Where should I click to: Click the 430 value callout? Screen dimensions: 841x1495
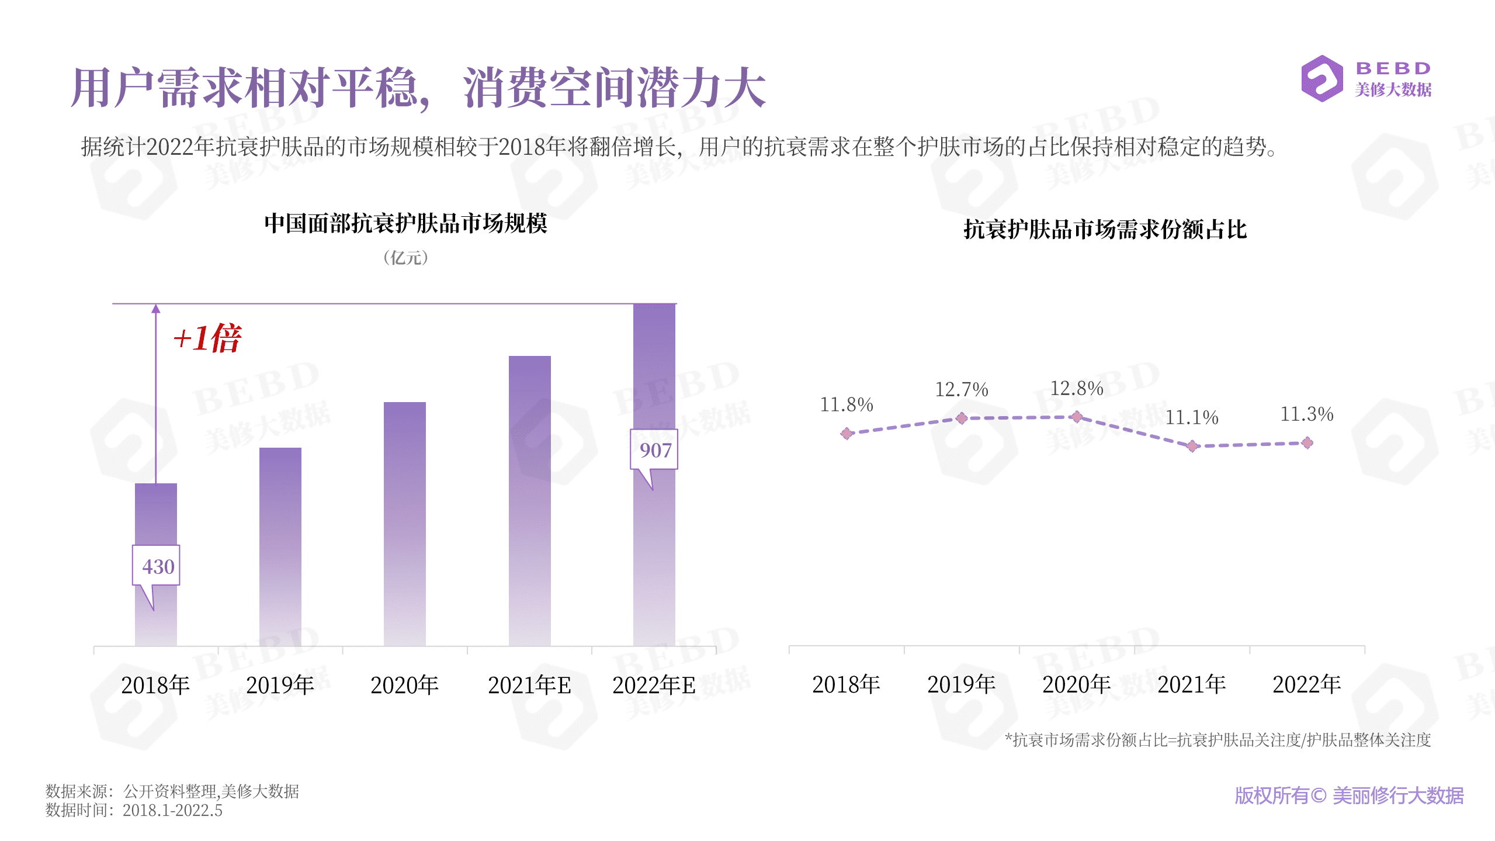[156, 566]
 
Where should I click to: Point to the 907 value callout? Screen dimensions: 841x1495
[654, 449]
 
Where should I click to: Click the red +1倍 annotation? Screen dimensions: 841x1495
[207, 338]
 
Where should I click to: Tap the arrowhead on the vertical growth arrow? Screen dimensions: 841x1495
[155, 309]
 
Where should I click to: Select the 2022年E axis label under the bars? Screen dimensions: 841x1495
[654, 685]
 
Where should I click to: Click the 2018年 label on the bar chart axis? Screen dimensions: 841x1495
[155, 685]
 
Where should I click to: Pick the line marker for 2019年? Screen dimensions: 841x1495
[961, 418]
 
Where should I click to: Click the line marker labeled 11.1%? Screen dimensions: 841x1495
[1192, 446]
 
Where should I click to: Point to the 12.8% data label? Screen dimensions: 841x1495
[1076, 388]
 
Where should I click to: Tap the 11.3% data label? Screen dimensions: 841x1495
[1306, 414]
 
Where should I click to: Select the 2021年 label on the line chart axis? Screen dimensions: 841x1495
[1191, 684]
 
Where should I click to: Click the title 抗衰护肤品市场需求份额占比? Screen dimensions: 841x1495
[1105, 229]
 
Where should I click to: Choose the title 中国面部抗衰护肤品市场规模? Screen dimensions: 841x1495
[405, 223]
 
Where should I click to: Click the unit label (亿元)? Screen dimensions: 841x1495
[405, 258]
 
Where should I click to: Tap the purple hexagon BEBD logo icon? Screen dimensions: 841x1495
[1321, 78]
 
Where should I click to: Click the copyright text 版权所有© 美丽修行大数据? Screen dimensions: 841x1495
[1348, 795]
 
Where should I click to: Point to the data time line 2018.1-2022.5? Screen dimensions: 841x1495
[172, 811]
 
